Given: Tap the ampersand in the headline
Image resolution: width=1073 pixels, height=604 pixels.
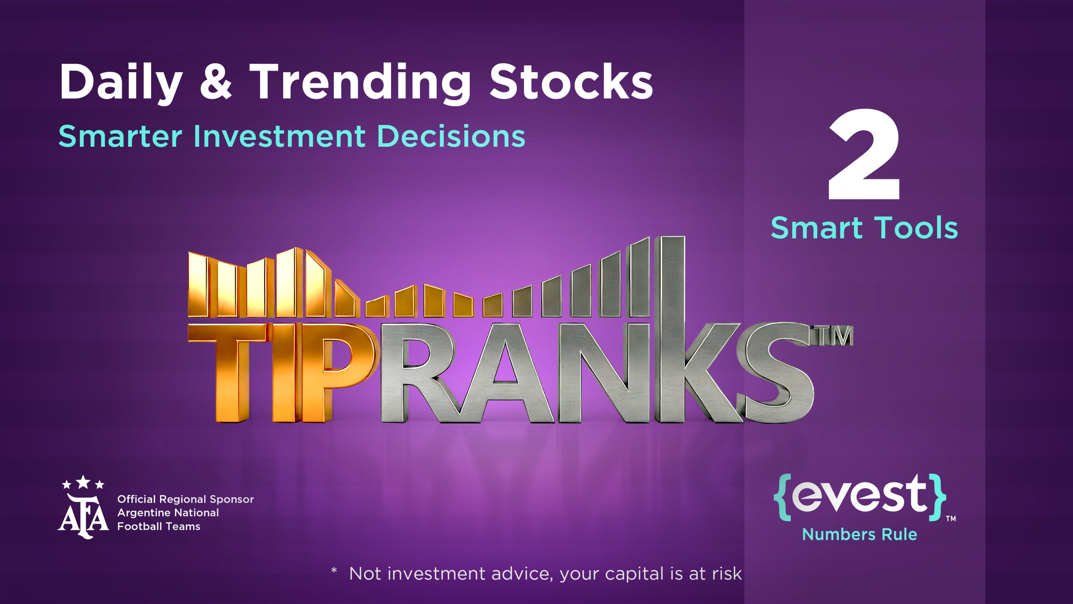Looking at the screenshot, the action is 216,82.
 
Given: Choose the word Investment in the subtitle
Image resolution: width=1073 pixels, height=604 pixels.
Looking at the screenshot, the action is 279,136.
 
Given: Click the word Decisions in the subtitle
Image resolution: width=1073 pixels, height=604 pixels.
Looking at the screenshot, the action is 451,136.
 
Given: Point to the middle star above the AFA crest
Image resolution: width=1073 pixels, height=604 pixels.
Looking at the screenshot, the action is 83,482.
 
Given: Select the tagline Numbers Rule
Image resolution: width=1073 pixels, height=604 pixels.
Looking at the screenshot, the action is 860,534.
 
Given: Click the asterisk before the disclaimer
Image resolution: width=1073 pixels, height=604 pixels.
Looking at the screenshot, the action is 334,570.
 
